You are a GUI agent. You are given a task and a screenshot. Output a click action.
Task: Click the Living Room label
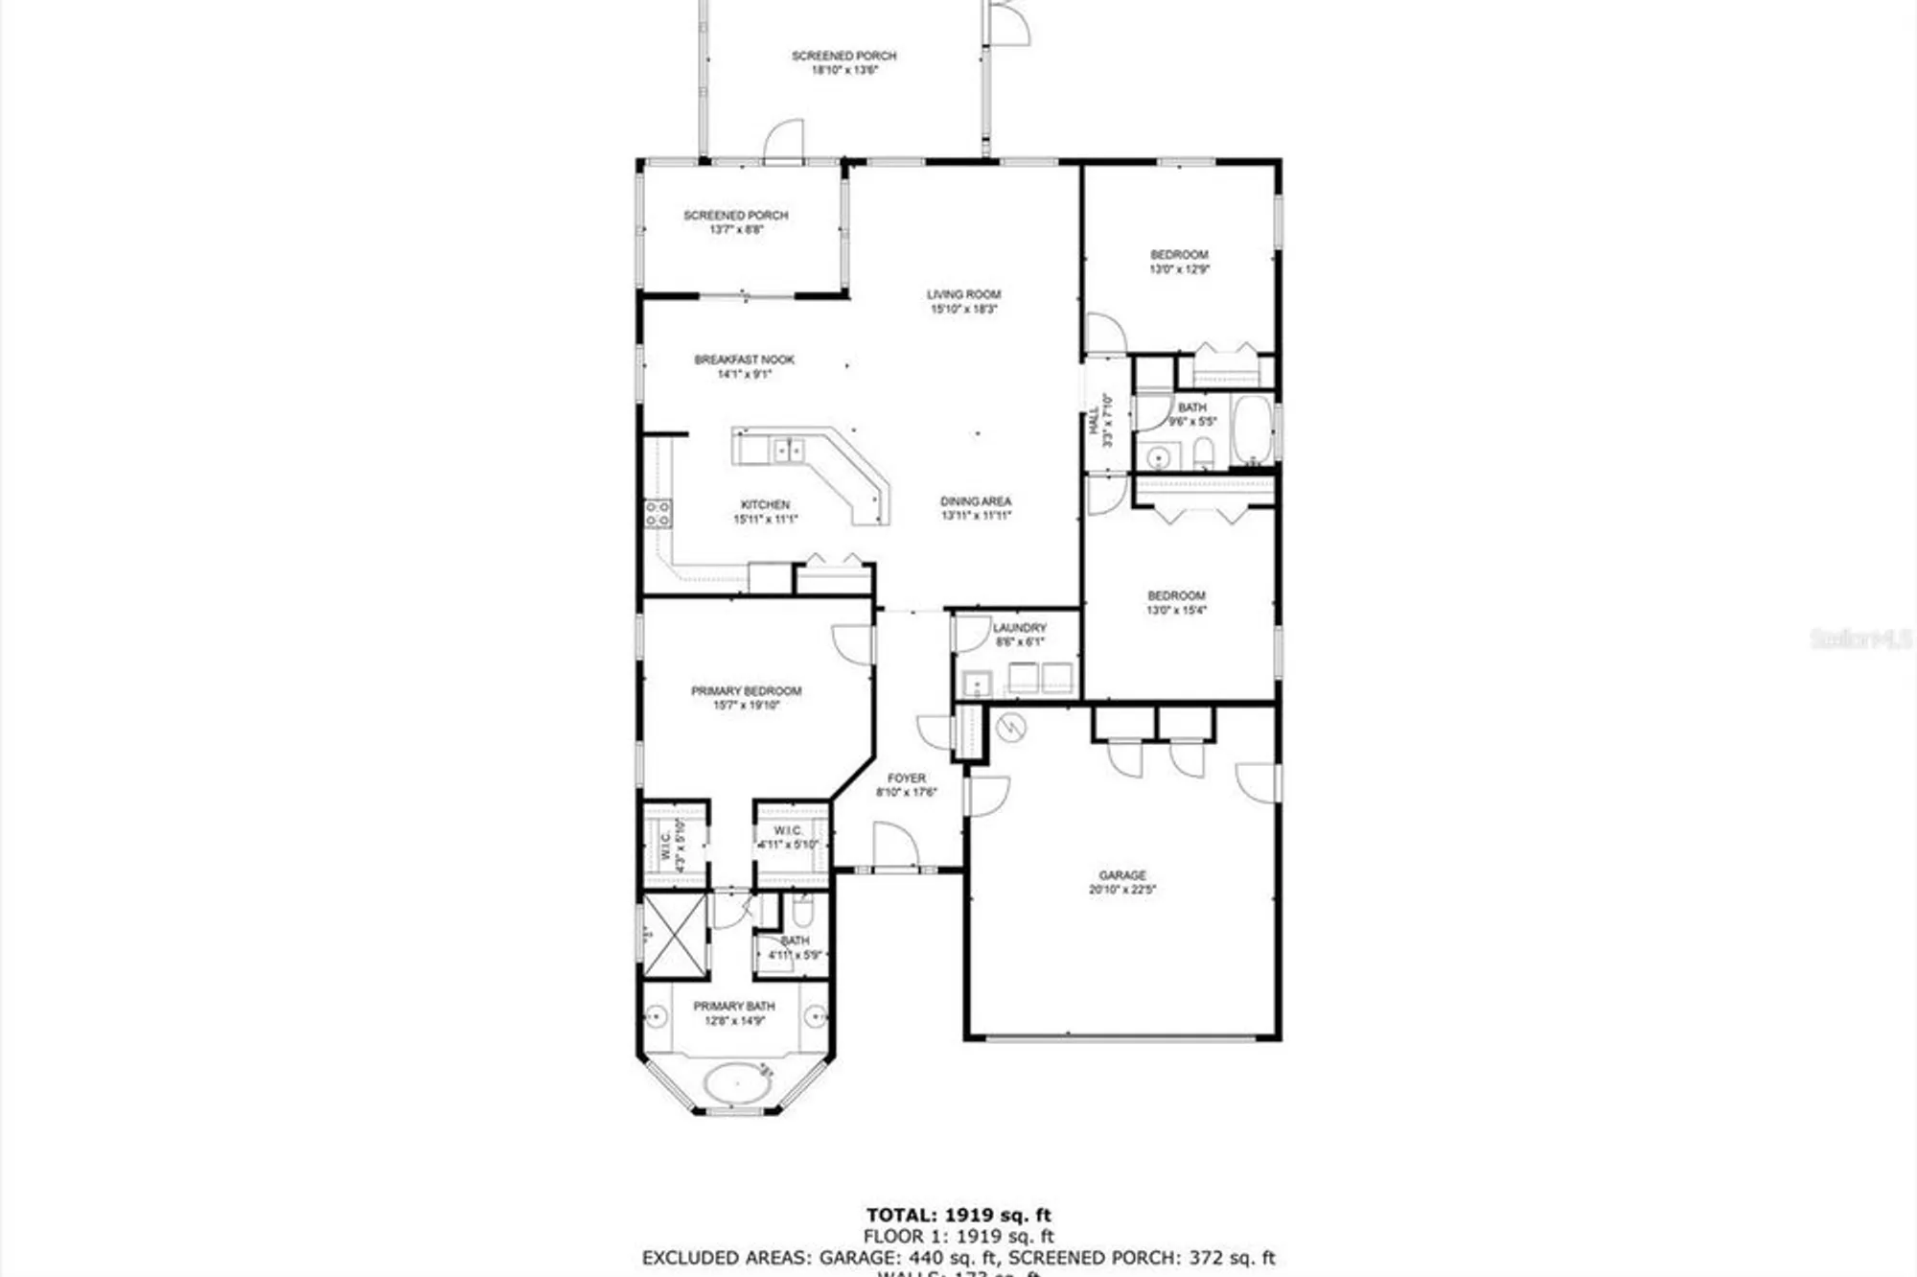[963, 294]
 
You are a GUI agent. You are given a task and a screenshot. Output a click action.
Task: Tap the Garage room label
[1121, 875]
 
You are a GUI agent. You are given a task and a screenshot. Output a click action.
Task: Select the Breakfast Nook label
[744, 360]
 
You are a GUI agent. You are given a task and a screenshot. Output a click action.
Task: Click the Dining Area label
[975, 501]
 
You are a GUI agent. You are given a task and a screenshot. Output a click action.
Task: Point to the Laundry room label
[1019, 628]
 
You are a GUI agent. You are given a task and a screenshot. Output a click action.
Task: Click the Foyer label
[906, 778]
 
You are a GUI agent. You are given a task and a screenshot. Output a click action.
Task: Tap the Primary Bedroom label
[746, 691]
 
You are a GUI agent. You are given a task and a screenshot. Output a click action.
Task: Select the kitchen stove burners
[658, 513]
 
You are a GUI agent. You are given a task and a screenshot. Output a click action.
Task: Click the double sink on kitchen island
[788, 449]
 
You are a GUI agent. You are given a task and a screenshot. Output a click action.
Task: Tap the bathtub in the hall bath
[1252, 430]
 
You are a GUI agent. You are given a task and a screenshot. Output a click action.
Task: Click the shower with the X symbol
[675, 936]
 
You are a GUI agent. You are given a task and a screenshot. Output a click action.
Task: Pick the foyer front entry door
[895, 847]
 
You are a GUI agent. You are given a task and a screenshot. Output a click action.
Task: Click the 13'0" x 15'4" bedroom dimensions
[1176, 610]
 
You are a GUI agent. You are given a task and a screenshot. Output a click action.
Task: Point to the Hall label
[1094, 422]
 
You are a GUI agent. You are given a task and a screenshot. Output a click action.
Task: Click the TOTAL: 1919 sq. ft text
[958, 1216]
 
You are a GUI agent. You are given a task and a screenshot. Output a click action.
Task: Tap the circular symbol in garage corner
[1010, 729]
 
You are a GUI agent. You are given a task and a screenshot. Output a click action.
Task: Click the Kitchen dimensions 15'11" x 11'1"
[765, 520]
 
